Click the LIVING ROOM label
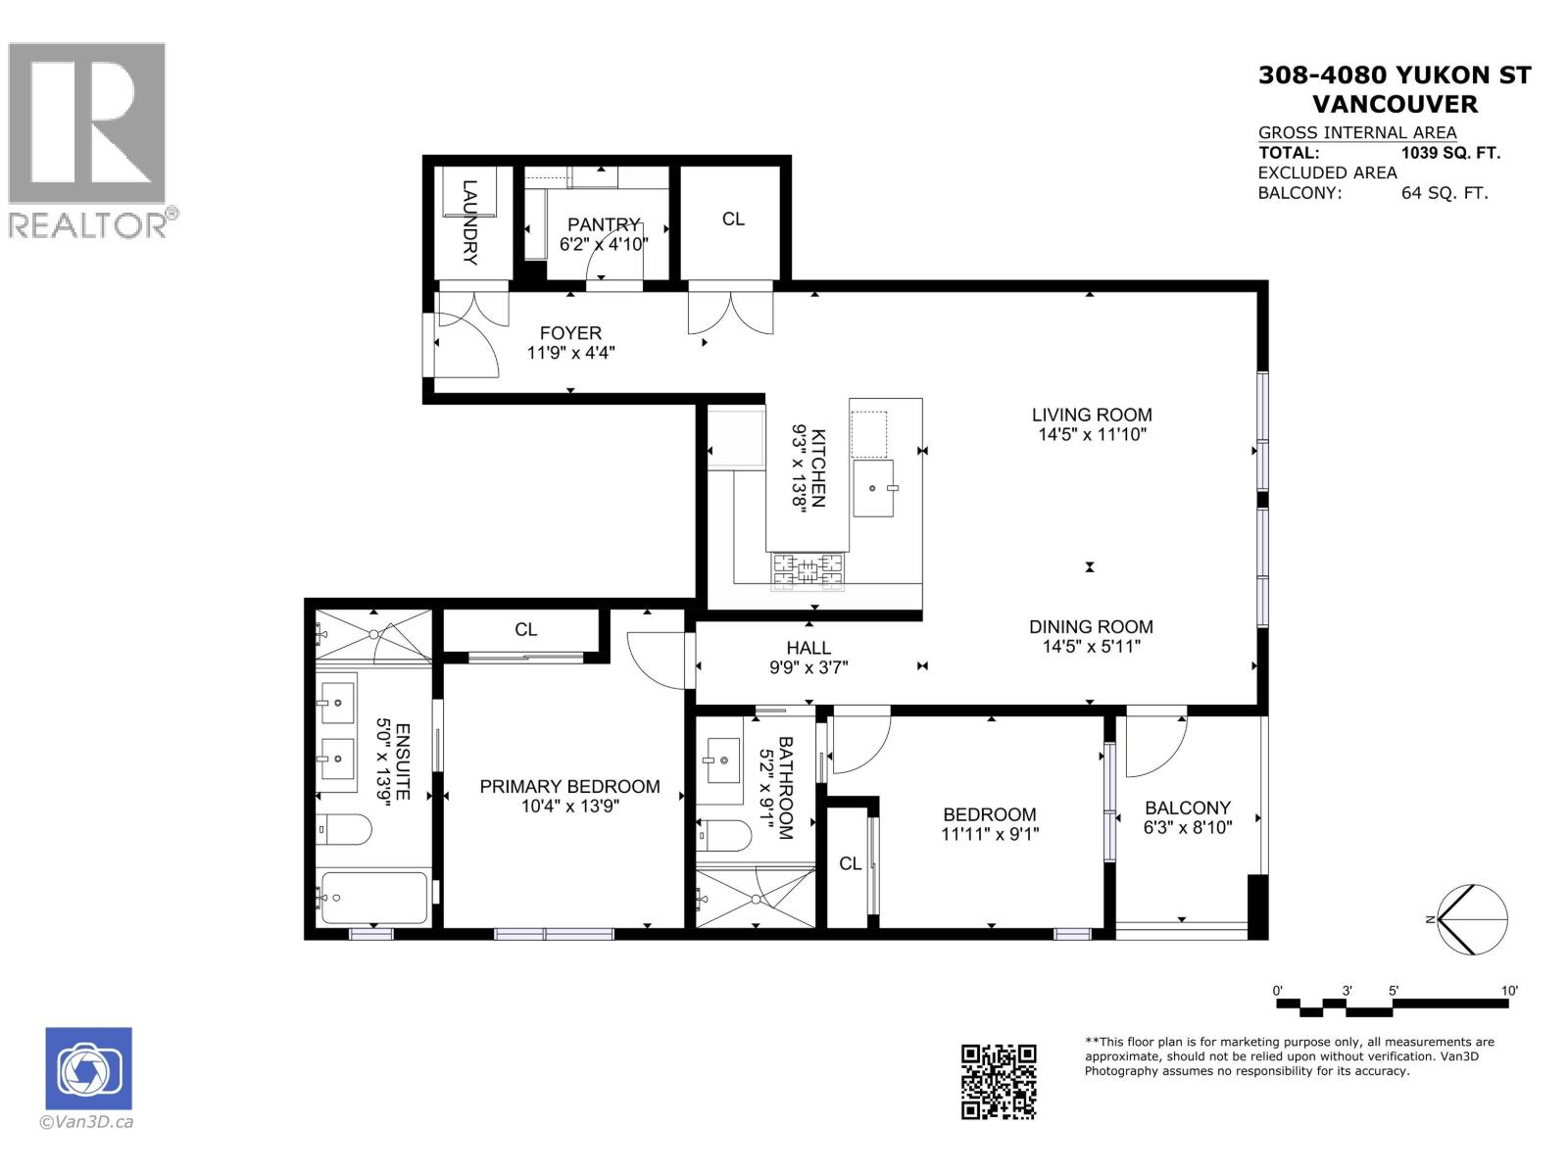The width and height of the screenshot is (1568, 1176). (x=1091, y=415)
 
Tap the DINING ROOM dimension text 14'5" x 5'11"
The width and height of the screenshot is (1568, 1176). (x=1091, y=647)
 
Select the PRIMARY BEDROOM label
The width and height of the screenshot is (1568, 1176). (x=569, y=786)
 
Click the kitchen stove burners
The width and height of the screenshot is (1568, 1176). (x=808, y=572)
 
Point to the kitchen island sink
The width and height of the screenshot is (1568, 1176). (x=873, y=487)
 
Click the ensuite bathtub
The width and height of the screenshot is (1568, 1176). (x=372, y=897)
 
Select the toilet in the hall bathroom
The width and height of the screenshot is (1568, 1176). (x=724, y=835)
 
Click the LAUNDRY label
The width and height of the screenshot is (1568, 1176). (x=469, y=222)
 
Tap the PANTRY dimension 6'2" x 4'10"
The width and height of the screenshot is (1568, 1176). (x=604, y=244)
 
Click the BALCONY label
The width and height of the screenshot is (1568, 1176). (x=1187, y=808)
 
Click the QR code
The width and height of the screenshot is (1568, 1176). (x=998, y=1081)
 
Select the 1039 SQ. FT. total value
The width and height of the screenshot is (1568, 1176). (x=1450, y=153)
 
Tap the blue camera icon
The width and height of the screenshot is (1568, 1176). (x=88, y=1068)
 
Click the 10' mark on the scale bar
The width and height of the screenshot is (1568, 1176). (x=1509, y=992)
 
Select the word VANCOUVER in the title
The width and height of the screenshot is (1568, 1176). (x=1394, y=104)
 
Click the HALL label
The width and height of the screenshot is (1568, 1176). (x=808, y=648)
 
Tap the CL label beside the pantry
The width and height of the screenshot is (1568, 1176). (x=733, y=220)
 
